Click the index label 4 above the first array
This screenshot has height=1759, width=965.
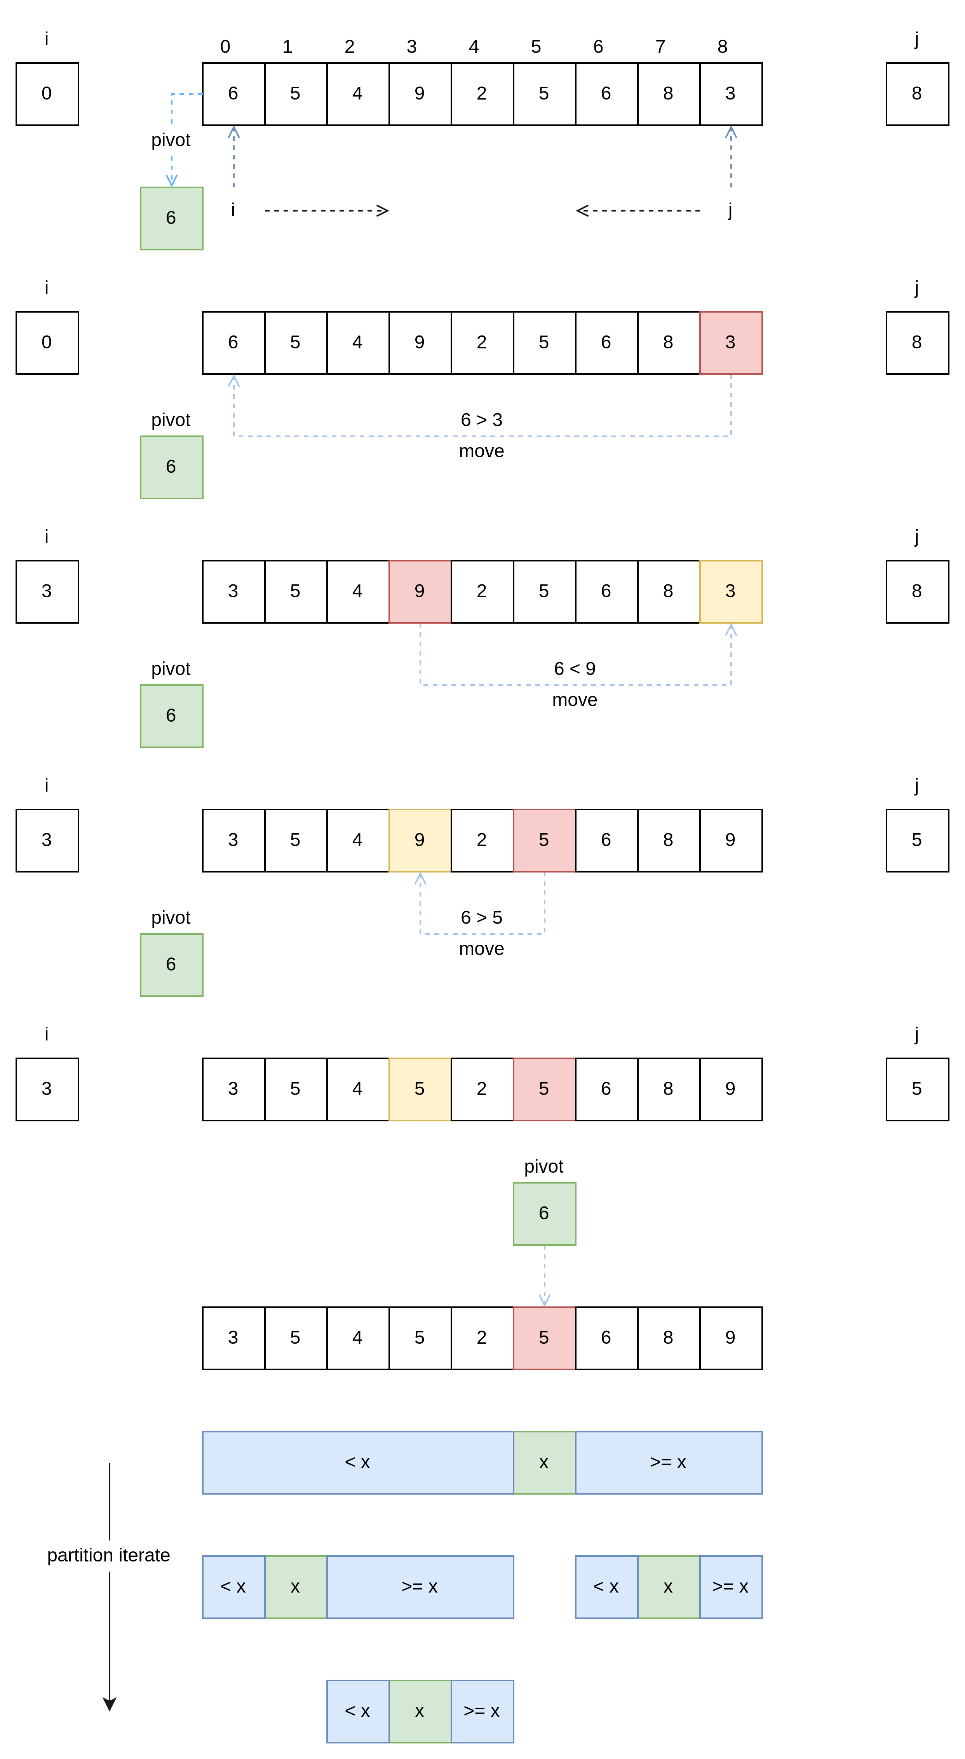click(474, 46)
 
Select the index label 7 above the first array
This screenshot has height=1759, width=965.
click(660, 46)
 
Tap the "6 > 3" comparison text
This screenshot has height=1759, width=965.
click(481, 420)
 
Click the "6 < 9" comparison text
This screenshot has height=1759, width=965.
click(575, 668)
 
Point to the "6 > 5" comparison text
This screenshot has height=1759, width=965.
click(481, 917)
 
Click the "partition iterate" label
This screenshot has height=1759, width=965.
click(108, 1555)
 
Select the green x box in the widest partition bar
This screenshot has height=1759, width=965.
click(544, 1462)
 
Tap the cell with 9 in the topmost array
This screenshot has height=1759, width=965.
click(420, 94)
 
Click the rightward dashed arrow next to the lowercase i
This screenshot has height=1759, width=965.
click(326, 210)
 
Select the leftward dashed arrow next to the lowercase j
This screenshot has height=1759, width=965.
click(638, 210)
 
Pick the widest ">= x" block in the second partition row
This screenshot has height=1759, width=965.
click(420, 1587)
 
